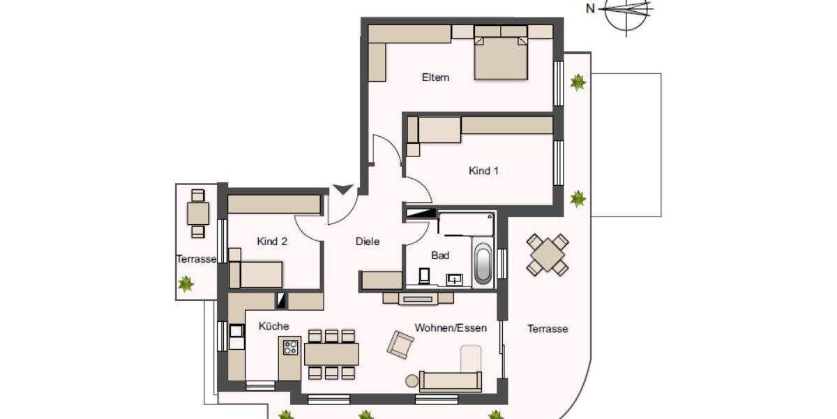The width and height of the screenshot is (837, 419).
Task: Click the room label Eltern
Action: [x=435, y=78]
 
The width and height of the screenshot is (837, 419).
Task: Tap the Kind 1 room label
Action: [x=483, y=170]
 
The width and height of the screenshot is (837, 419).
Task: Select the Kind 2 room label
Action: [x=272, y=242]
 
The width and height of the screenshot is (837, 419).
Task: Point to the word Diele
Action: [x=368, y=242]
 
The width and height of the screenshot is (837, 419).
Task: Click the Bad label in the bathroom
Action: [x=440, y=256]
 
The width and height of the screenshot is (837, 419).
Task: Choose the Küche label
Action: [x=273, y=326]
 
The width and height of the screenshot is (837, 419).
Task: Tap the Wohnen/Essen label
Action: [x=451, y=328]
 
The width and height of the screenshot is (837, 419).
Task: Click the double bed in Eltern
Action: [x=500, y=54]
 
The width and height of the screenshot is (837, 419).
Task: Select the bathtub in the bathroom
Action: [x=483, y=263]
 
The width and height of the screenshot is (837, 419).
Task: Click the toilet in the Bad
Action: [x=424, y=277]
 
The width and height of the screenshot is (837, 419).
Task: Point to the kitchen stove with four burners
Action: [x=290, y=348]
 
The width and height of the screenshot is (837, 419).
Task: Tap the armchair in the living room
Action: [x=400, y=344]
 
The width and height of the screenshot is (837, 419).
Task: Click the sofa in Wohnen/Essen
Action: [x=450, y=381]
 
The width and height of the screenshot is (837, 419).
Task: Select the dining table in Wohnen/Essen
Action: [x=331, y=354]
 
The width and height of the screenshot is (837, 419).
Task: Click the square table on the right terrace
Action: [x=548, y=254]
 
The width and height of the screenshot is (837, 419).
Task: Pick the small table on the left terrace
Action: [x=198, y=212]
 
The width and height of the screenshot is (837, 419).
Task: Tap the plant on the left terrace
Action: [x=186, y=284]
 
